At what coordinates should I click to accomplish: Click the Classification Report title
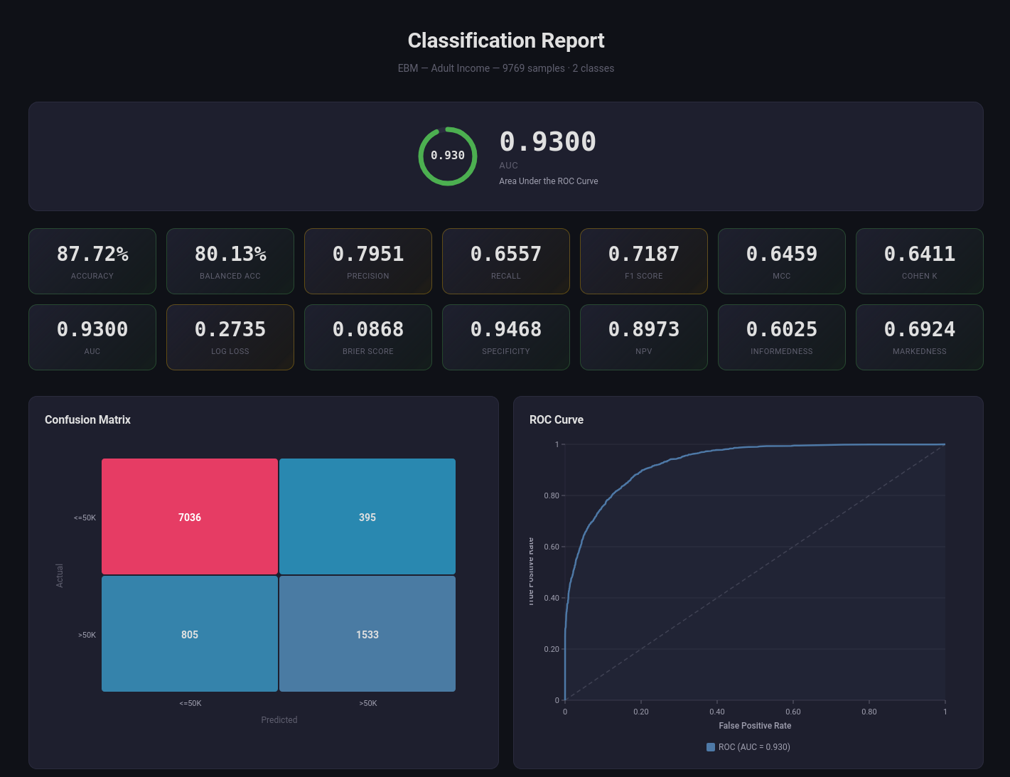[x=505, y=41]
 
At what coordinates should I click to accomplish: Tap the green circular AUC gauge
[x=448, y=156]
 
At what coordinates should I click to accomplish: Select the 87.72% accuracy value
[x=92, y=254]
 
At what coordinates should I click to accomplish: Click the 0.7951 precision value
[x=368, y=254]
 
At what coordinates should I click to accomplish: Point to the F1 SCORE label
[x=644, y=276]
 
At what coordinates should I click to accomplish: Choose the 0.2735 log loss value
[x=230, y=329]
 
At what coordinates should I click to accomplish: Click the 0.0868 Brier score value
[x=368, y=329]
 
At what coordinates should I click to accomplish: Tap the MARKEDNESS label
[x=919, y=351]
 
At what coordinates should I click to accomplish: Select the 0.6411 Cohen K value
[x=919, y=254]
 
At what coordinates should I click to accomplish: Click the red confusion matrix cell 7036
[x=190, y=517]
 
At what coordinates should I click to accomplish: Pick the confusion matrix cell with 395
[x=367, y=517]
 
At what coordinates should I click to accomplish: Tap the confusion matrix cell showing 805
[x=190, y=634]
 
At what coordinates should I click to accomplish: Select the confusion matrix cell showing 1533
[x=367, y=634]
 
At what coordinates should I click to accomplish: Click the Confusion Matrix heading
[x=87, y=419]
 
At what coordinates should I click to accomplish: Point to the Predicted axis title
[x=279, y=720]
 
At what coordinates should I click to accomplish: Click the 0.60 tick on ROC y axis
[x=552, y=547]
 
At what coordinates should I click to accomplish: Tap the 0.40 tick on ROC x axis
[x=717, y=712]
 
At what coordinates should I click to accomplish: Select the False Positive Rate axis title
[x=755, y=726]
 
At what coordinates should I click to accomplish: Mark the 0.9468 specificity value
[x=506, y=329]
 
